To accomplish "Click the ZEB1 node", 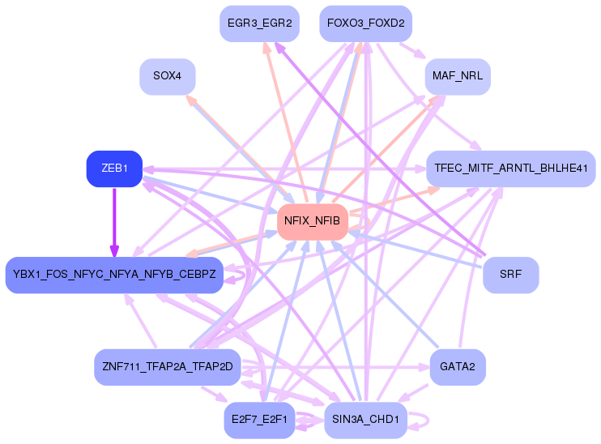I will [x=114, y=169].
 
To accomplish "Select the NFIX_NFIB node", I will [x=313, y=220].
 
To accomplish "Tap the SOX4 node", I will [x=168, y=77].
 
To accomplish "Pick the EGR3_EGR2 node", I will [x=260, y=23].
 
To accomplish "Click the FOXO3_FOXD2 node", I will [x=365, y=23].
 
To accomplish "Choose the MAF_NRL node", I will [x=458, y=77].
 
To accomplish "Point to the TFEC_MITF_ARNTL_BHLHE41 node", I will [x=510, y=169].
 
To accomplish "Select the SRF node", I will [x=510, y=274].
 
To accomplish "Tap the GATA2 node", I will [x=458, y=367].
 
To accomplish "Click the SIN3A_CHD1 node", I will [x=365, y=419].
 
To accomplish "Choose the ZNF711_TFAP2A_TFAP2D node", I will [x=168, y=367].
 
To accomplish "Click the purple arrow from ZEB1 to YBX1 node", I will [x=114, y=220].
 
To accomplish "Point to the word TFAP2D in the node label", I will [x=212, y=367].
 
